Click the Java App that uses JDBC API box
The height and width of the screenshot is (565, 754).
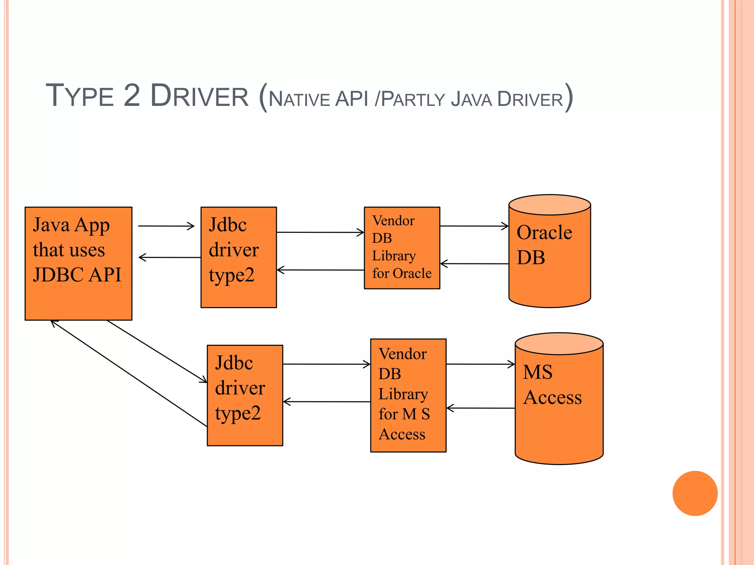[x=78, y=263]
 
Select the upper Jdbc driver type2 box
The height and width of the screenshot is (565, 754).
[x=239, y=257]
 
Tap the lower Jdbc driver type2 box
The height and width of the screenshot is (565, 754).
[x=245, y=395]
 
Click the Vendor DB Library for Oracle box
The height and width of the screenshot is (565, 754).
[x=402, y=248]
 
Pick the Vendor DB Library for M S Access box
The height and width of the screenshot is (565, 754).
[x=408, y=395]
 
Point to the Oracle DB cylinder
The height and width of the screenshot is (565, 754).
[x=550, y=257]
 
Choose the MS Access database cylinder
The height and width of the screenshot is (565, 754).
[x=559, y=405]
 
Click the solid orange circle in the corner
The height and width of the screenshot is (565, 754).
[x=695, y=493]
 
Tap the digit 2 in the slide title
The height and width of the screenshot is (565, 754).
[x=132, y=96]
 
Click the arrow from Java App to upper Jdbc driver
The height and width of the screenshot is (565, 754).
[x=166, y=226]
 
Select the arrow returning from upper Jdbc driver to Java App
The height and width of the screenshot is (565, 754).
[x=169, y=257]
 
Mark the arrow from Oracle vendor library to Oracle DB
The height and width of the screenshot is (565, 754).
[x=474, y=226]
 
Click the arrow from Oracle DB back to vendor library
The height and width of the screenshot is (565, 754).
[x=474, y=263]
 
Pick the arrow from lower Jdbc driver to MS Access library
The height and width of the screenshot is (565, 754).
[x=327, y=364]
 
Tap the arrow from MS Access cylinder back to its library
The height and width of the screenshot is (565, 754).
[x=480, y=408]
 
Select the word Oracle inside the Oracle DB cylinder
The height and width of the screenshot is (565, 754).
[x=544, y=232]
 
